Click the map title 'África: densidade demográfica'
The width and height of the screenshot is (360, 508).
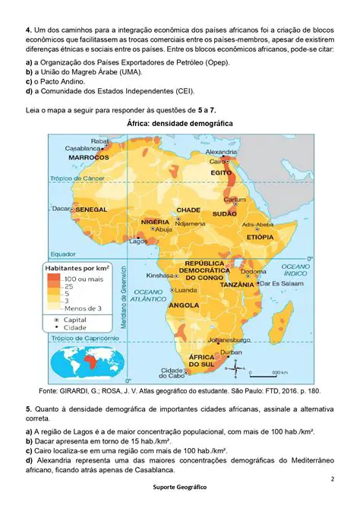(180, 123)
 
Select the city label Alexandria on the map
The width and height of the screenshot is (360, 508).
(223, 152)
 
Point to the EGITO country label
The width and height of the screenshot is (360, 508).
(221, 172)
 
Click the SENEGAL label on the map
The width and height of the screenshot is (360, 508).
(91, 208)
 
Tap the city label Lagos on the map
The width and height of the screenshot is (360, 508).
(138, 241)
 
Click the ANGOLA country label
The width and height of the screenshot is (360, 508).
(185, 305)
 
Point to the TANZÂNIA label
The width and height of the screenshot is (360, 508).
(236, 284)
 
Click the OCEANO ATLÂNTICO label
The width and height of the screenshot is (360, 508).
(150, 295)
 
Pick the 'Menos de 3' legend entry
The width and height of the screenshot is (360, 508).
(83, 308)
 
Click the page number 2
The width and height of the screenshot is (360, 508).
(333, 479)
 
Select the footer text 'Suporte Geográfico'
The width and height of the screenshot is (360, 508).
(179, 486)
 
